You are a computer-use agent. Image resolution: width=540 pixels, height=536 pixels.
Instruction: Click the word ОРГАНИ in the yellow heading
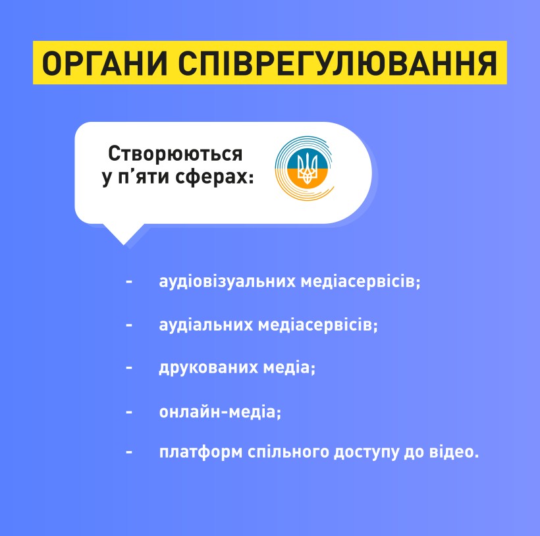pyautogui.click(x=104, y=63)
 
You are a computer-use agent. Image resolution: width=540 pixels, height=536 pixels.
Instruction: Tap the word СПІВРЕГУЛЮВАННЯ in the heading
pyautogui.click(x=337, y=63)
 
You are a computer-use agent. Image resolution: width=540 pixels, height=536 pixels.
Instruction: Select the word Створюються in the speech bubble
pyautogui.click(x=175, y=154)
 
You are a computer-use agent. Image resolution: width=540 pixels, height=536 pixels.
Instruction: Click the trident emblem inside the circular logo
pyautogui.click(x=307, y=169)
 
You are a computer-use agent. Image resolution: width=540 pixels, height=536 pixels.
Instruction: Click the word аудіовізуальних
pyautogui.click(x=227, y=281)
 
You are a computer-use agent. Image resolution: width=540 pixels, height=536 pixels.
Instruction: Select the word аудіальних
pyautogui.click(x=206, y=325)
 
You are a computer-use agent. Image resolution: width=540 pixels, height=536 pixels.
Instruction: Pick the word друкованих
pyautogui.click(x=208, y=367)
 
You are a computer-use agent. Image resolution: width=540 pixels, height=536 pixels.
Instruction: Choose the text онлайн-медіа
pyautogui.click(x=220, y=412)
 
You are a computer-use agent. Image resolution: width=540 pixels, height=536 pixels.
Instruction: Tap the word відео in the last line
pyautogui.click(x=454, y=451)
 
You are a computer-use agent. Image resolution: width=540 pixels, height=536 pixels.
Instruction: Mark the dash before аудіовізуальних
pyautogui.click(x=129, y=282)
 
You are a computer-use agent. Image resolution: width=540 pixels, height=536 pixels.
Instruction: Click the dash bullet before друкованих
pyautogui.click(x=129, y=368)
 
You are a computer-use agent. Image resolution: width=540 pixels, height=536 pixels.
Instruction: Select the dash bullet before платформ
pyautogui.click(x=129, y=452)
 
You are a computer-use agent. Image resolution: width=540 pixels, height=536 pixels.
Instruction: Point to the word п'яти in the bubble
pyautogui.click(x=144, y=177)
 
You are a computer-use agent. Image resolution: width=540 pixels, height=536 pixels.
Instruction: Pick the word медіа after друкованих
pyautogui.click(x=289, y=367)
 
